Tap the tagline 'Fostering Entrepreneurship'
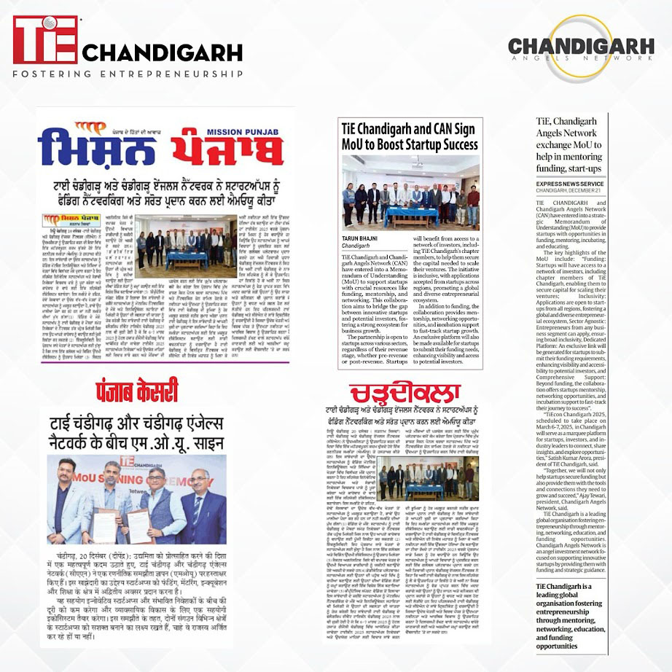[x=128, y=74]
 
